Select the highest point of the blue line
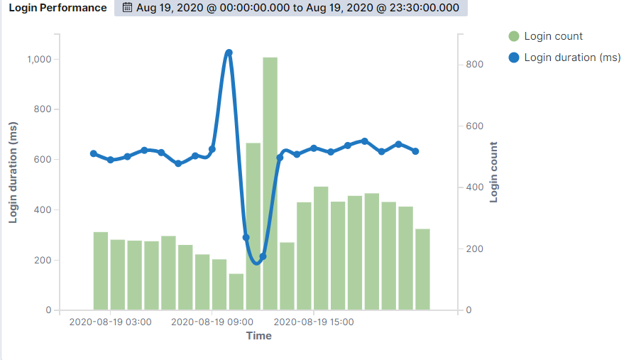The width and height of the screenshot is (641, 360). click(229, 53)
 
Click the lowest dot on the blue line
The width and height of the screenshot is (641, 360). click(263, 256)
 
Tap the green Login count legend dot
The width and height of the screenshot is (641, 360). click(514, 36)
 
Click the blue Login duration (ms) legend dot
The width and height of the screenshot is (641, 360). click(514, 58)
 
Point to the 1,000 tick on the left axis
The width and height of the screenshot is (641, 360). click(38, 60)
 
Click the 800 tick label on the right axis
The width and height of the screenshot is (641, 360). click(474, 65)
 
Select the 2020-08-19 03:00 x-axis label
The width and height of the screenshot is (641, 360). click(110, 322)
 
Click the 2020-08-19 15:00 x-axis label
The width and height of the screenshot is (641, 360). click(314, 322)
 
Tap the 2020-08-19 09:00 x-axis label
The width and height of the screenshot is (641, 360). click(212, 322)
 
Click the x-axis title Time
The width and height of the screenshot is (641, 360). click(259, 336)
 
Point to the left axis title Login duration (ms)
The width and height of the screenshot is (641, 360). click(13, 173)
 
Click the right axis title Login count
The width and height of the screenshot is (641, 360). click(494, 173)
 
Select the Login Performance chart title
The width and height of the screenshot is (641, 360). click(57, 8)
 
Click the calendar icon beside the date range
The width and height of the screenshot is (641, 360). click(127, 8)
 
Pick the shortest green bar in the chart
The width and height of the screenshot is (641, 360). click(236, 292)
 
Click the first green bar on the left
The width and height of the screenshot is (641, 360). click(101, 271)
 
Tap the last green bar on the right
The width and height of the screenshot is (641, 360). click(422, 269)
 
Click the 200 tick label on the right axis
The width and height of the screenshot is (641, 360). click(474, 249)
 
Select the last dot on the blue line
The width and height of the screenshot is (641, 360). click(415, 151)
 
